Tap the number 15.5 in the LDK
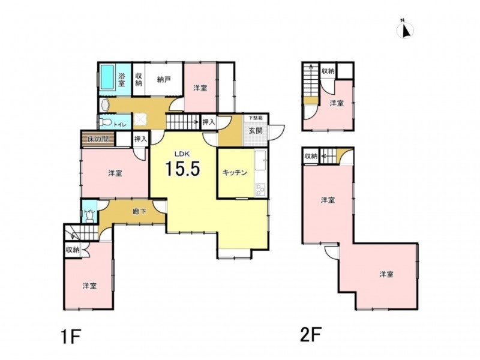pos(182,169)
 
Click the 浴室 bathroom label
pos(122,79)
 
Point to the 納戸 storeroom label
pos(164,80)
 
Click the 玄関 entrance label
pos(256,131)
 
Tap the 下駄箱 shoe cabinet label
pos(256,118)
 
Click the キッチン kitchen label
pos(235,173)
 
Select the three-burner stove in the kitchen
pos(261,190)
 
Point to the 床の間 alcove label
pos(98,139)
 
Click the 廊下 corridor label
pos(139,211)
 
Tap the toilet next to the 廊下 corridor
pos(89,216)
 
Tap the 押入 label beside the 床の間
pos(141,139)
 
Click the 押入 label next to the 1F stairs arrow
pos(209,122)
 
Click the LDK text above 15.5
pos(182,153)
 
